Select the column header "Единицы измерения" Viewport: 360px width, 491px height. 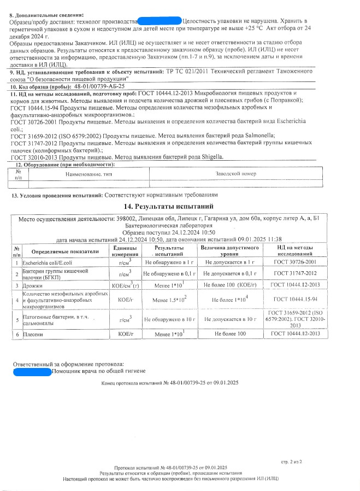point(126,252)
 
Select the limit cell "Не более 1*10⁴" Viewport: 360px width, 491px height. point(230,300)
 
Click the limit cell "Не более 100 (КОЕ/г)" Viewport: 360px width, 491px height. point(230,285)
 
